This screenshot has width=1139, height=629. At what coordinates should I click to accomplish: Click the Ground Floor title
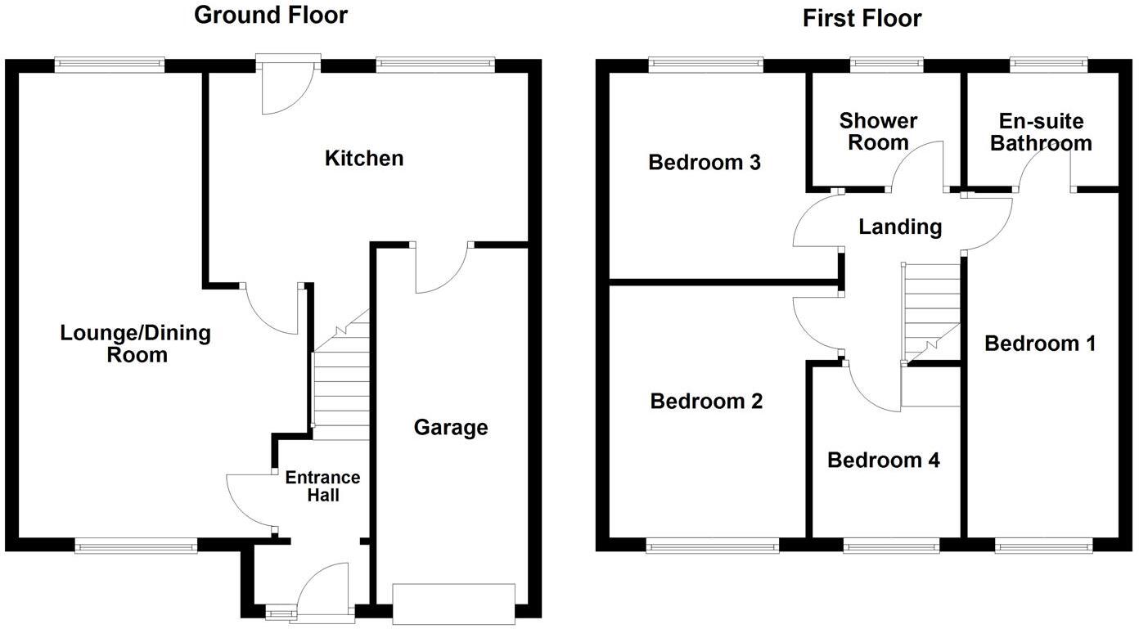(270, 16)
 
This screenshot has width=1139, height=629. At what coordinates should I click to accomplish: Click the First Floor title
(862, 18)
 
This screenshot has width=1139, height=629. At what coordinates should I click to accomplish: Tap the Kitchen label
(364, 158)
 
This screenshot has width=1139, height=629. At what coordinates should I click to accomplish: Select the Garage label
(450, 427)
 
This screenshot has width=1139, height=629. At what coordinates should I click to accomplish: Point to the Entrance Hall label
(322, 486)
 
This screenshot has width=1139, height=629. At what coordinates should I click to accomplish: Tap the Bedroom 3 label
(704, 163)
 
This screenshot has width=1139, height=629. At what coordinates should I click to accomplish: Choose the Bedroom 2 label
(706, 402)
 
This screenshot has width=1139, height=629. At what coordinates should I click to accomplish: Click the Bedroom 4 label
(883, 460)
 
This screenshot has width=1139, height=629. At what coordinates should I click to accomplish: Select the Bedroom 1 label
(1040, 344)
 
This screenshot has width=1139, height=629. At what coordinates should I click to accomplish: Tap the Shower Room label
(878, 132)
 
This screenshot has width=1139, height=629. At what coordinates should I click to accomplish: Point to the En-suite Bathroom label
(1041, 133)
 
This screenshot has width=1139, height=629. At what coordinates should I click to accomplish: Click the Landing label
(900, 227)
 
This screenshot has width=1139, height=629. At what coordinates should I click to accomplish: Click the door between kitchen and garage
(442, 266)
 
